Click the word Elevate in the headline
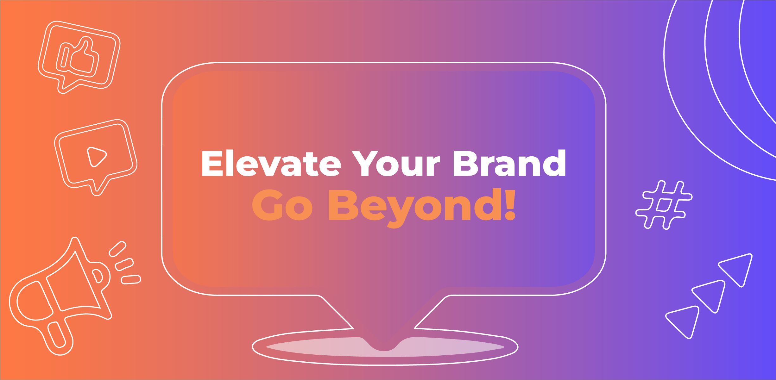[271, 163]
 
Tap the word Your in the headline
[396, 163]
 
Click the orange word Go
[282, 205]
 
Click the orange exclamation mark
[510, 204]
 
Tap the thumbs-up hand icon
[78, 57]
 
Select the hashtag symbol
[664, 205]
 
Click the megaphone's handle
[57, 335]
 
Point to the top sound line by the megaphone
[117, 249]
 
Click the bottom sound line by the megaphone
[131, 280]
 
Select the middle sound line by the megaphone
[124, 265]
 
